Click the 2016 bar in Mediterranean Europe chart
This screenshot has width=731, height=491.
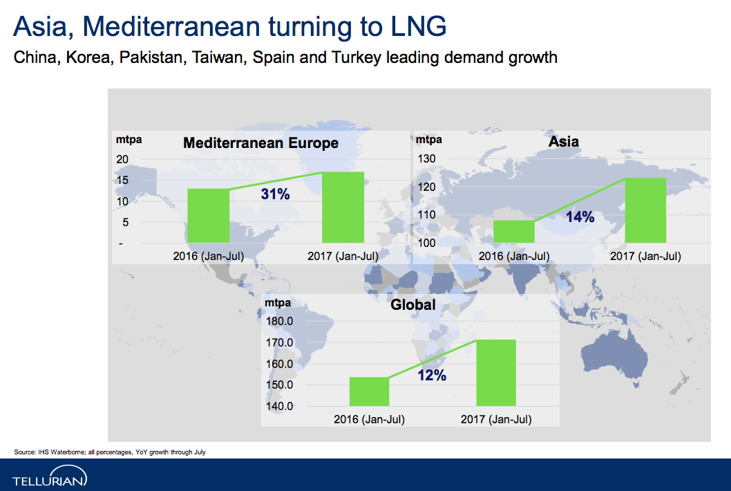coord(209,216)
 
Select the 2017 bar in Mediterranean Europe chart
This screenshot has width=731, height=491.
coord(343,207)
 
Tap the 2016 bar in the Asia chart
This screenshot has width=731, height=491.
coord(514,232)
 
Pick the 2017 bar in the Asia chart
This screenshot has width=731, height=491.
coord(645,210)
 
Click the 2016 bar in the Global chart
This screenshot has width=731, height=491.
coord(369,391)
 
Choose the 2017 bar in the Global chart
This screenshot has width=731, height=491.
coord(496,373)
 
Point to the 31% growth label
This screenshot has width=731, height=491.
coord(275,194)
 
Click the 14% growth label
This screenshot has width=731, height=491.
coord(580,216)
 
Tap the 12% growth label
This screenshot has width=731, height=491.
coord(432,375)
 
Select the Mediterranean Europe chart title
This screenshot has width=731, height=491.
coord(260,143)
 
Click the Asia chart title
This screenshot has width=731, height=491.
coord(563,141)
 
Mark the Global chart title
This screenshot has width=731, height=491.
coord(412,305)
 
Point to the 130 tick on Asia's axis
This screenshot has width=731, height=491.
coord(426,158)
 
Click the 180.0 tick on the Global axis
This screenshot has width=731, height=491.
coord(279,321)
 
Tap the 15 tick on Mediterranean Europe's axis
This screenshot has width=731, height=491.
coord(122,180)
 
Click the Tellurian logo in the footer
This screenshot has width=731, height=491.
coord(50,476)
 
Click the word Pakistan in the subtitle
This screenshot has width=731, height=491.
coord(151,57)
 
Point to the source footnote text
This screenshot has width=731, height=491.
coord(110,452)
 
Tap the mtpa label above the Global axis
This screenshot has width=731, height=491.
coord(277,303)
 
